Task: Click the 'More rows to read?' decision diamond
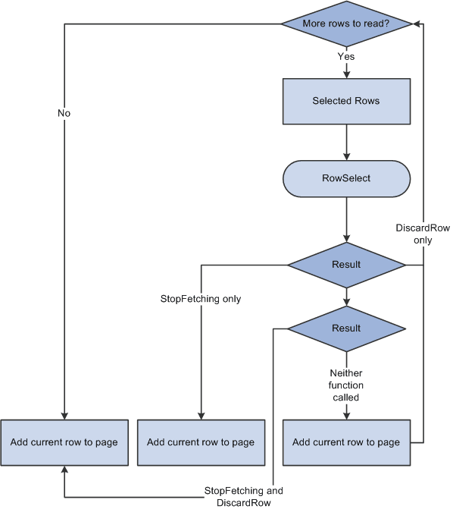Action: coord(346,24)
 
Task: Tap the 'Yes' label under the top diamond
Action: coord(345,55)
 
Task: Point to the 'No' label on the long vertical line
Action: coord(64,113)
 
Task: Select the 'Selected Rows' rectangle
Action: coord(346,101)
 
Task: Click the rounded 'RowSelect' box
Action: coord(346,179)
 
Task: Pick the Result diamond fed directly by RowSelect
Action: coord(346,265)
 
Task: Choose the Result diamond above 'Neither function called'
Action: coord(346,328)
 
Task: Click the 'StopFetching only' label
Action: coord(202,299)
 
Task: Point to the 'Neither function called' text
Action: coord(346,385)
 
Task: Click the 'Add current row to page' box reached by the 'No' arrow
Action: coord(64,442)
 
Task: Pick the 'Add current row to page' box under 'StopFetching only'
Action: coord(201,442)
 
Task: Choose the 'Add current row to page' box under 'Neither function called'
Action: coord(346,442)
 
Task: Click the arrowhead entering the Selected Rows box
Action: coord(346,74)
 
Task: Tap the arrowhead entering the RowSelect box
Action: coord(346,156)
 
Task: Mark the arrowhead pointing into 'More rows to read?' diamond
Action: coord(417,24)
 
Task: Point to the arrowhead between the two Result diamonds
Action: coord(346,302)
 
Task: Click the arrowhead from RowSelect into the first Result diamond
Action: coord(346,237)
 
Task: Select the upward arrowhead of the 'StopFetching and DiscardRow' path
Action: coord(64,471)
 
